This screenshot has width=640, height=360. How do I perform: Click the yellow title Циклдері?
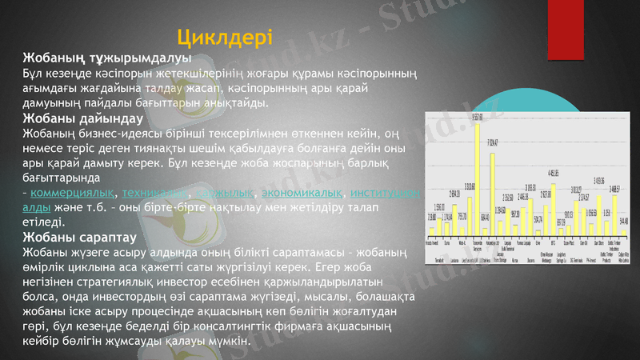click(225, 37)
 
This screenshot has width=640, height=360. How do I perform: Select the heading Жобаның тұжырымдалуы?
click(106, 58)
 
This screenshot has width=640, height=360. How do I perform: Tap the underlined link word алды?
click(37, 207)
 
